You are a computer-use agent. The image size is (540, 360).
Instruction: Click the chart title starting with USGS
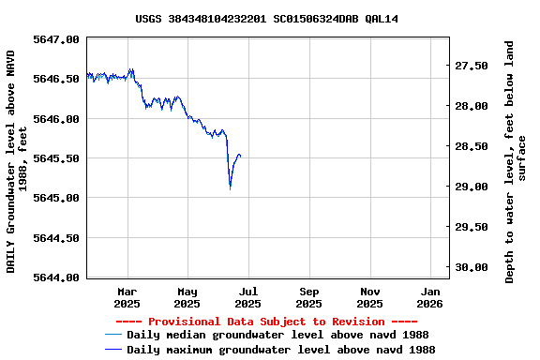point(266,18)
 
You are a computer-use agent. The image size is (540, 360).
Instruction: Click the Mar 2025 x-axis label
point(127,297)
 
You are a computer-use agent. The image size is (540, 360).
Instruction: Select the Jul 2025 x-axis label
point(247,297)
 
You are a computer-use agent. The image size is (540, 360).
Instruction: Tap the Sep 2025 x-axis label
point(308,297)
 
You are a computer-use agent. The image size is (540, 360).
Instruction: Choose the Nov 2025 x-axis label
point(369,297)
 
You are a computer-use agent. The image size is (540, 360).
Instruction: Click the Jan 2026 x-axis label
point(429,297)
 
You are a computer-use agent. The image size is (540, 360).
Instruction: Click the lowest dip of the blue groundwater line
point(230,187)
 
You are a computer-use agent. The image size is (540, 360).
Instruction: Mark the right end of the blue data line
point(241,155)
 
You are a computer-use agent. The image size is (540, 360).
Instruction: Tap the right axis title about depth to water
point(516,161)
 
